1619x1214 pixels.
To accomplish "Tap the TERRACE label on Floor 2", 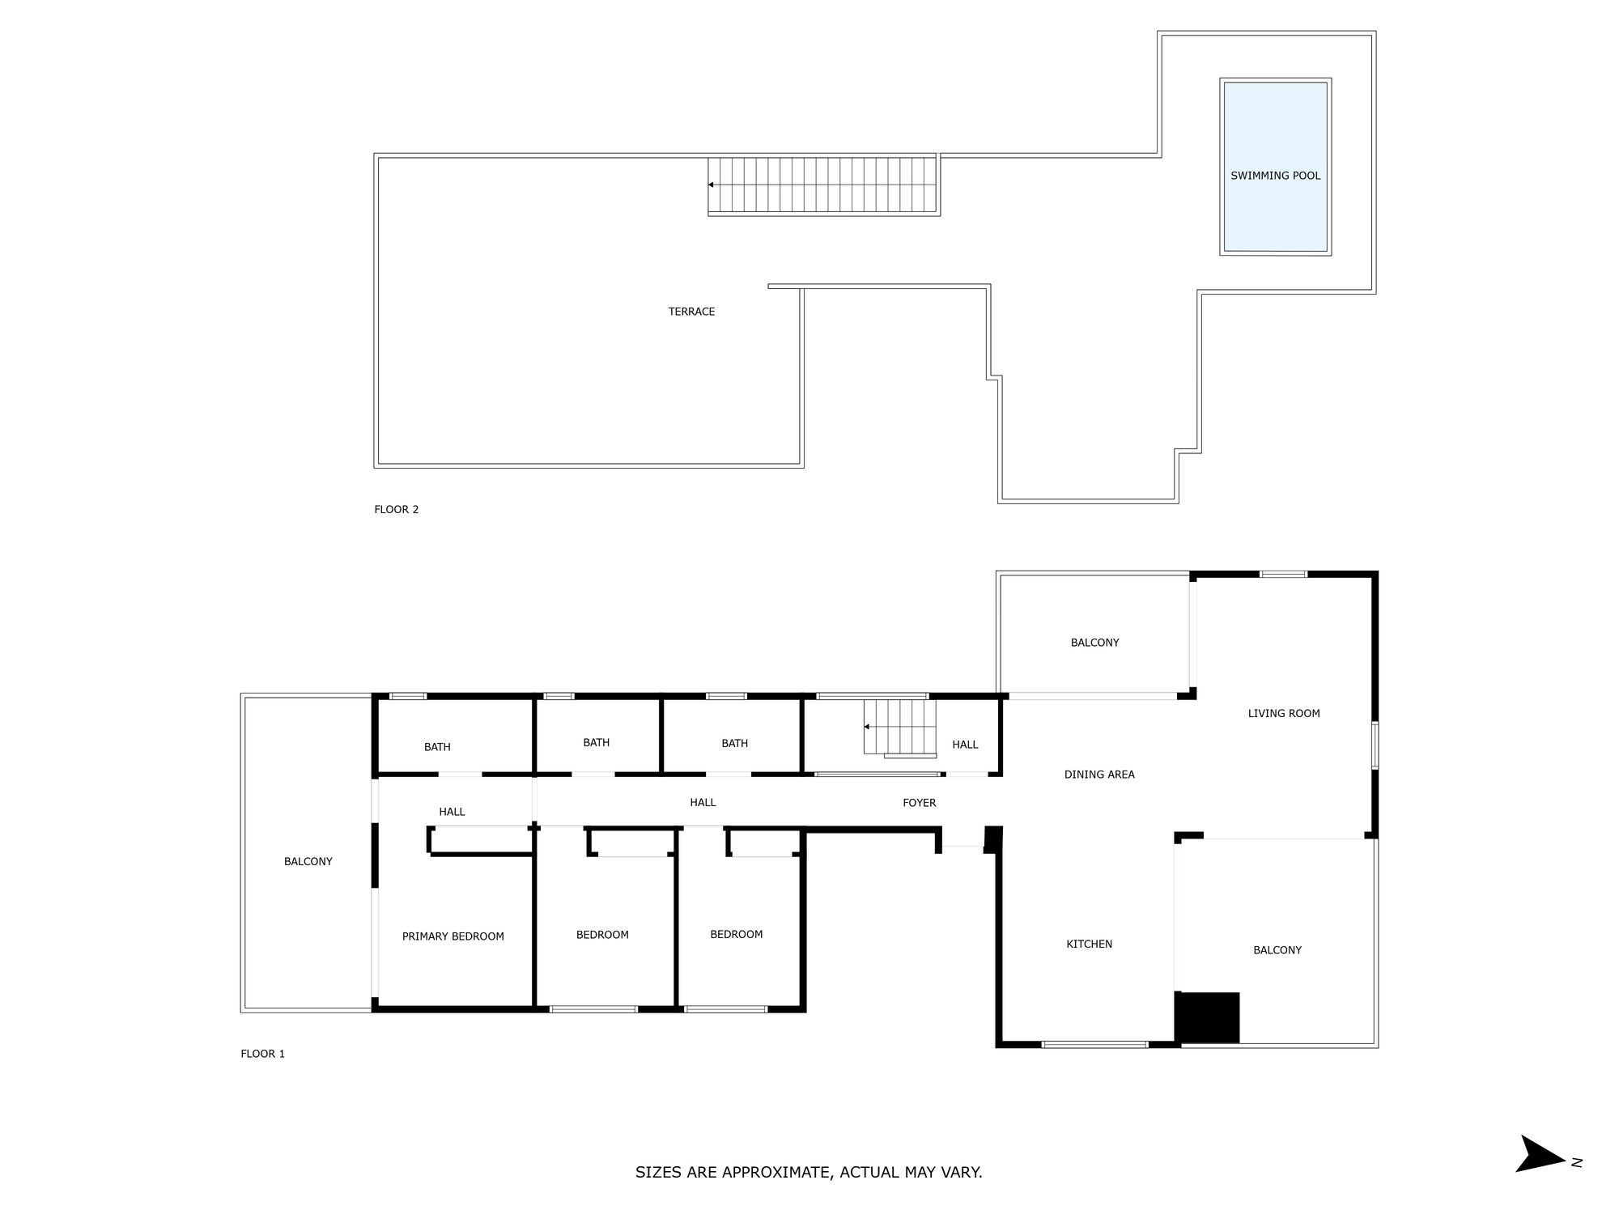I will [x=691, y=312].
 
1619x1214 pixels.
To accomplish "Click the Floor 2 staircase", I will [x=822, y=185].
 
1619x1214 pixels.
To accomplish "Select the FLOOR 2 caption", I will [x=396, y=509].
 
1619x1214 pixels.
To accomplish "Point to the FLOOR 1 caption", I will [x=262, y=1054].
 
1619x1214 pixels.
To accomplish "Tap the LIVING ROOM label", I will [x=1283, y=713].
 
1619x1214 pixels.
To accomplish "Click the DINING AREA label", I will [x=1098, y=775].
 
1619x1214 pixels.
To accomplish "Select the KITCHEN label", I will [x=1089, y=944].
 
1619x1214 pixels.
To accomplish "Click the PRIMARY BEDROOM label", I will [x=453, y=936].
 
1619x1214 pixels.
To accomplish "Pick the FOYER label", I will [x=919, y=803].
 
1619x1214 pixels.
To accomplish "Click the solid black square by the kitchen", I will [x=1207, y=1017].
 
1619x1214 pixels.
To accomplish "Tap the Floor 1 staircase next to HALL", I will [x=899, y=728].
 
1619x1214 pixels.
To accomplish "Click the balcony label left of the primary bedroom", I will [x=308, y=861].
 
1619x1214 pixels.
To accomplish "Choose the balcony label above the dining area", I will [x=1094, y=643].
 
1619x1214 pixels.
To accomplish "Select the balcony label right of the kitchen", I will [x=1277, y=950].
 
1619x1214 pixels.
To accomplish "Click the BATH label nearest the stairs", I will [x=734, y=743].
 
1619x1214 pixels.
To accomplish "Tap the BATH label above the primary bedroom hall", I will [x=437, y=747].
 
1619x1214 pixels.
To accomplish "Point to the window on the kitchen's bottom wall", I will [x=1094, y=1045].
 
